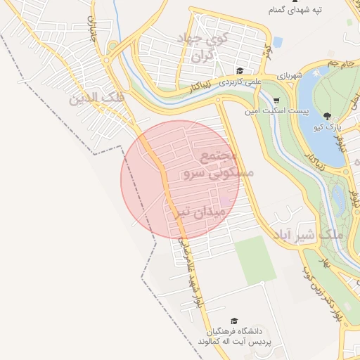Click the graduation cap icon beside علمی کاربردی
pos(240,71)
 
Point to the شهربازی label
pos(288,74)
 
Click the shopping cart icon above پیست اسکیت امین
pos(276,100)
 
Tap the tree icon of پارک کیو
pos(327,116)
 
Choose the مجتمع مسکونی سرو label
pos(212,164)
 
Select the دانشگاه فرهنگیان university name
pos(235,330)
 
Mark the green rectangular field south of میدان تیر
pos(255,259)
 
